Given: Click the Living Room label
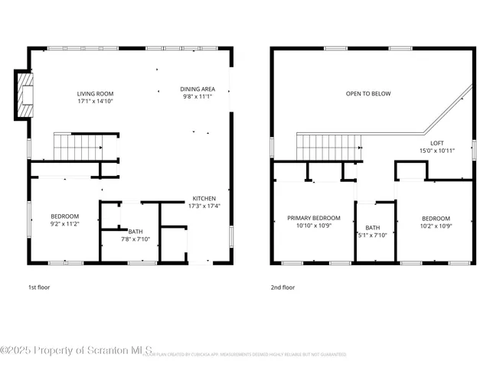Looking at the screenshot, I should pos(94,93).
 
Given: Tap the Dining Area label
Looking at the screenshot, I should pos(198,89).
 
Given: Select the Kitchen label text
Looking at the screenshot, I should pos(204,197).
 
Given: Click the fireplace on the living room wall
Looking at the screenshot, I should pos(25,95).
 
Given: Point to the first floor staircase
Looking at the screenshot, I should pos(77,145).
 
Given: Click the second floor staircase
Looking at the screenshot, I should pos(328,146).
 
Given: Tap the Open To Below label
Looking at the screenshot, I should pos(367,94).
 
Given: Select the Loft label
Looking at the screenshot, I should pos(437,143).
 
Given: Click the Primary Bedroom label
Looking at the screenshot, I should pos(314,218).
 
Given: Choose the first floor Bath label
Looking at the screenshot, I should pos(136,231).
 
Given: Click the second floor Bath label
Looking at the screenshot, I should pos(373,227).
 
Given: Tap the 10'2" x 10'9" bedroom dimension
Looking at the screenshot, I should pos(436,226).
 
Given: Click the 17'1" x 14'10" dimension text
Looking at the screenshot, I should pos(95,101).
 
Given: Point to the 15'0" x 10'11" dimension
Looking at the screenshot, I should pos(437,151).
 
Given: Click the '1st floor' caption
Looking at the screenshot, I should pos(39,287).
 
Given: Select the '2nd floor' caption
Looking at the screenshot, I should pos(283,287).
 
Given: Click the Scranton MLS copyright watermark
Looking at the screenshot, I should pos(77,350).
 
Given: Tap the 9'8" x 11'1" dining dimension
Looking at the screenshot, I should pos(198,96).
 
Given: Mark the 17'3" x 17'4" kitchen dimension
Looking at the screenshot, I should pos(204,205).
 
